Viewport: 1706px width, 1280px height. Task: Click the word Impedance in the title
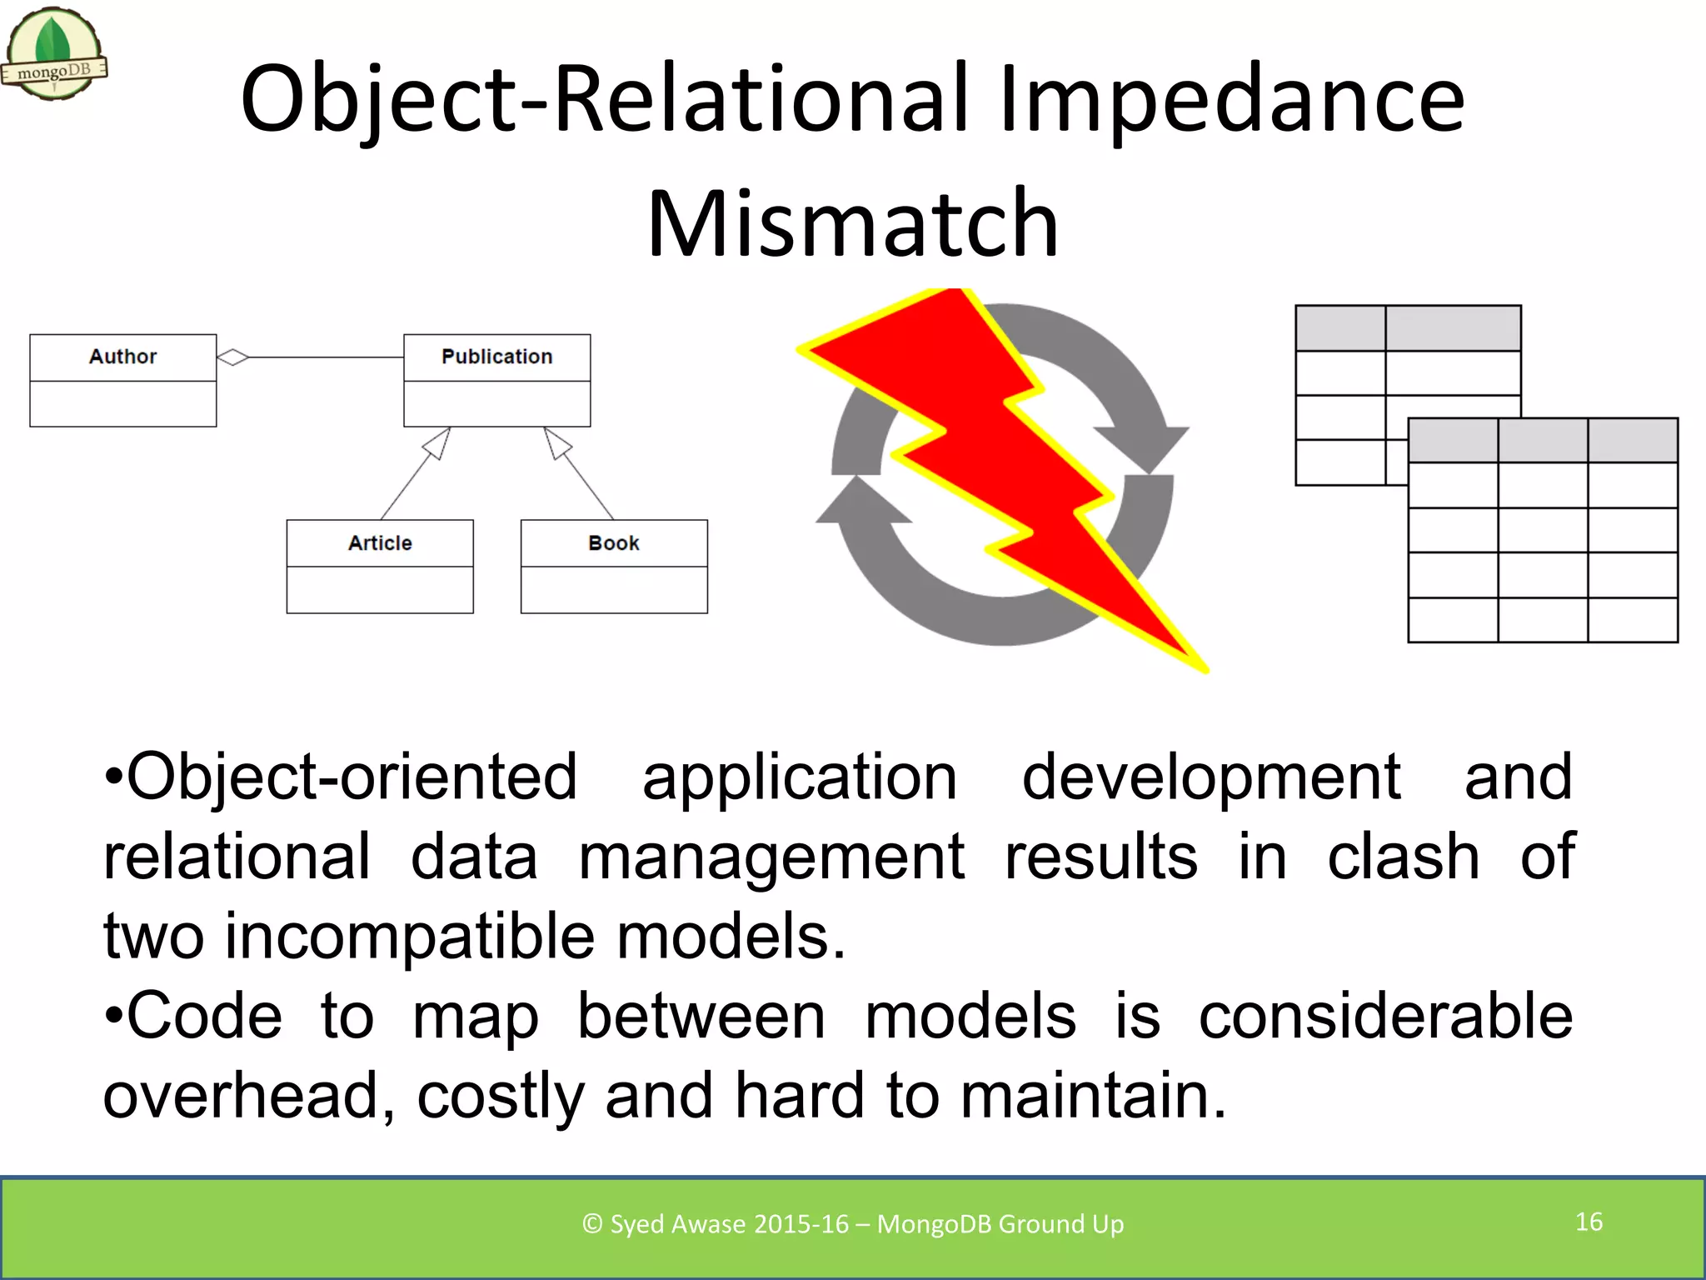[x=1231, y=99]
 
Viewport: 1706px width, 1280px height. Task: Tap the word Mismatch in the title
[x=852, y=223]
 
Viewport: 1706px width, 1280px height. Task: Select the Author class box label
[x=122, y=357]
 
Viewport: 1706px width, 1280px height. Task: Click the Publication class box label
[x=496, y=357]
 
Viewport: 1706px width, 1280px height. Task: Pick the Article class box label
[x=380, y=543]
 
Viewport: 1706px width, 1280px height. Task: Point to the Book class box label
[x=614, y=543]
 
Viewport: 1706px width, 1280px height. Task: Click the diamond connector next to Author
[x=233, y=357]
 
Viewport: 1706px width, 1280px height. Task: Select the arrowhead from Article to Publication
[x=438, y=442]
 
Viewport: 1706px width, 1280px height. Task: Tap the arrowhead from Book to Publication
[x=556, y=442]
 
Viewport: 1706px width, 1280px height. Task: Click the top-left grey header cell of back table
[x=1340, y=328]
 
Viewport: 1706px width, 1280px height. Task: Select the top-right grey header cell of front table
[x=1632, y=440]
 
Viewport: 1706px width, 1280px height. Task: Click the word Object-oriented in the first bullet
[x=350, y=777]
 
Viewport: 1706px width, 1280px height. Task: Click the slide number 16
[x=1589, y=1222]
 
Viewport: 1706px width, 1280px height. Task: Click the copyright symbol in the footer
[x=592, y=1224]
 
